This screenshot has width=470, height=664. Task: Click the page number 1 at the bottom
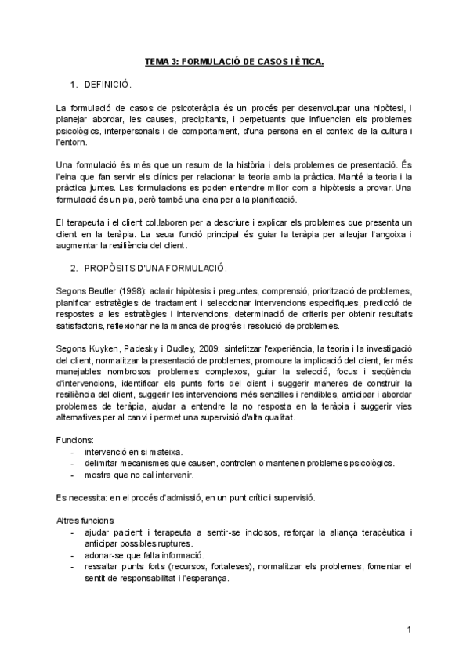(409, 630)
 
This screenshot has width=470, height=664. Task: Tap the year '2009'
(226, 347)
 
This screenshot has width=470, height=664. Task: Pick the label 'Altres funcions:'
(86, 521)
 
